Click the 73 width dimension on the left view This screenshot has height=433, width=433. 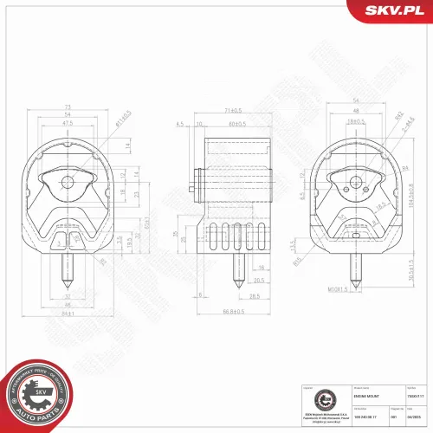68,108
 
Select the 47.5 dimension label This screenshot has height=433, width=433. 68,123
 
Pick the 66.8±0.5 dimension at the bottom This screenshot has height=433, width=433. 230,311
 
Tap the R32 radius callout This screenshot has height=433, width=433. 400,115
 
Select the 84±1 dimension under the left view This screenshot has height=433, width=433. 68,313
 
